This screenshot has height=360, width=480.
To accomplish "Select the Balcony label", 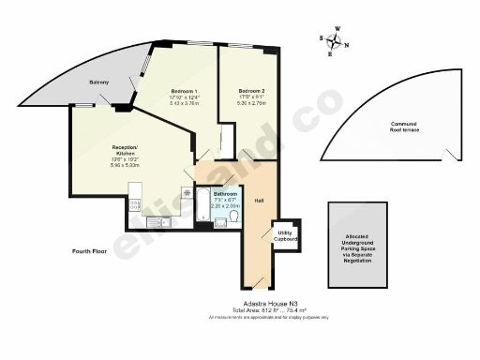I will tap(99, 83).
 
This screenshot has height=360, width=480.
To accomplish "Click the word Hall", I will tap(258, 200).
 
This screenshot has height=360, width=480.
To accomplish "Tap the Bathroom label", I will tap(225, 194).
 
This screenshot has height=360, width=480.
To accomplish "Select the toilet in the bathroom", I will tap(234, 218).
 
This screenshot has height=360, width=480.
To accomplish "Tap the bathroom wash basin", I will tap(220, 221).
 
